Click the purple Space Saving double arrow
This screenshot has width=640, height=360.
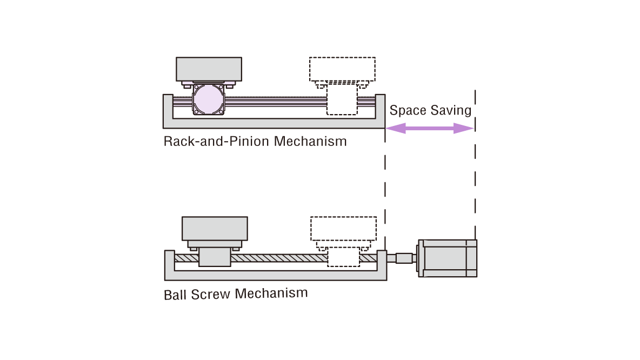(430, 128)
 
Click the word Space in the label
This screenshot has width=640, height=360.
(408, 110)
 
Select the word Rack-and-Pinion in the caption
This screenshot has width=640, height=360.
(217, 142)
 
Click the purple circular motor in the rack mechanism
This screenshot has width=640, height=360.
(208, 99)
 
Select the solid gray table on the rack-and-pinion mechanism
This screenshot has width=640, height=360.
(209, 69)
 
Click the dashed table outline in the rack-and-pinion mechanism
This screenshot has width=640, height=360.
(342, 69)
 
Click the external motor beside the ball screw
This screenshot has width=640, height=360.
(448, 258)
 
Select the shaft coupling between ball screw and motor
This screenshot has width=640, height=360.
(403, 258)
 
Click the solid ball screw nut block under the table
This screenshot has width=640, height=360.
(215, 256)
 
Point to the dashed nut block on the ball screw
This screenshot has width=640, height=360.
(344, 257)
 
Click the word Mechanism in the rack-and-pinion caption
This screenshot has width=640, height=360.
(310, 142)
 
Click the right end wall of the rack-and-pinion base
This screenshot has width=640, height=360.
(379, 108)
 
